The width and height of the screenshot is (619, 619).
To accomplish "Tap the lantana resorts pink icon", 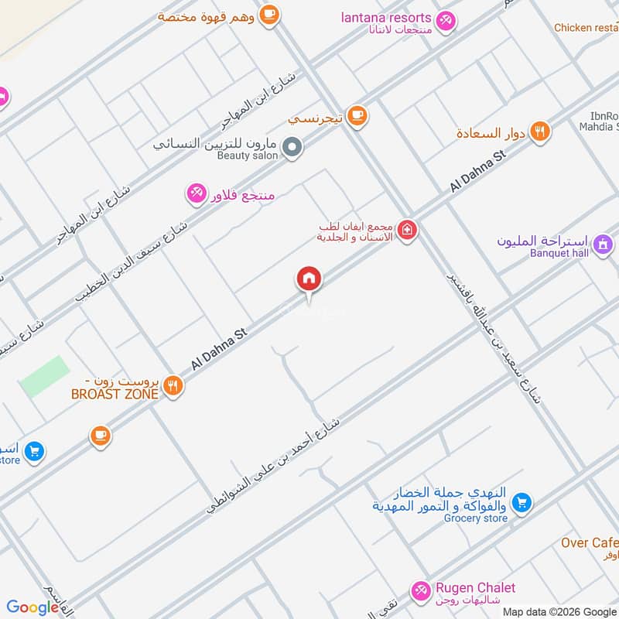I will tap(446, 21).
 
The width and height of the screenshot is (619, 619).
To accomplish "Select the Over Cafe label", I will tap(590, 542).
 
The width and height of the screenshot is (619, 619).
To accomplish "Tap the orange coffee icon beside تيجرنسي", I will tap(357, 116).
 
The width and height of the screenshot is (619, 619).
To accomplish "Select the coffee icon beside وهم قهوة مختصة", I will tap(269, 15).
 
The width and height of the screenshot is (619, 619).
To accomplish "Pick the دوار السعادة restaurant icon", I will tap(540, 132).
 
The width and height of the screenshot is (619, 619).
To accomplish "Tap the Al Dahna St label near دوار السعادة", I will tap(477, 172).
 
